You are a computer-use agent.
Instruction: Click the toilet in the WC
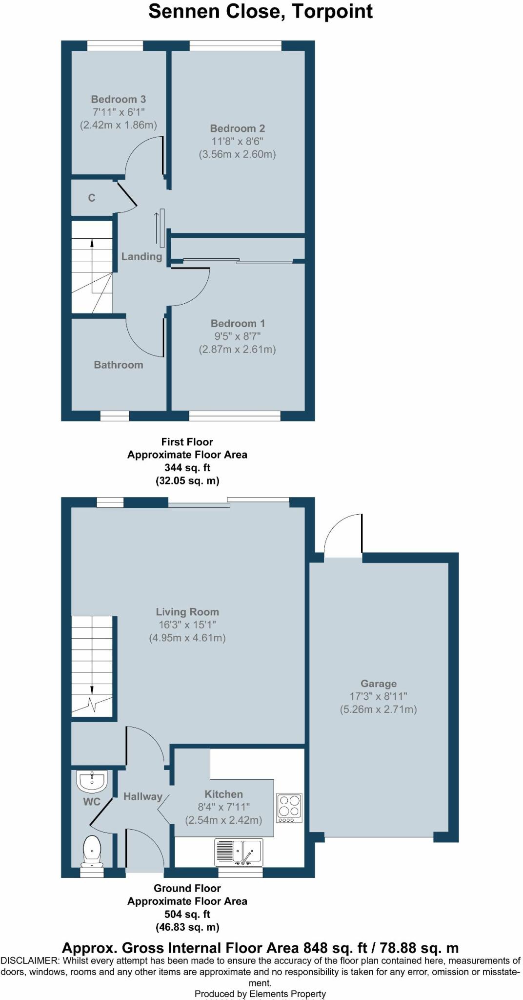click(92, 850)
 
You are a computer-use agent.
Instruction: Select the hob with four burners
click(289, 808)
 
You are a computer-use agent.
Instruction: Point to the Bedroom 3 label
click(118, 99)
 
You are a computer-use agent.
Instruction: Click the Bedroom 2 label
click(237, 128)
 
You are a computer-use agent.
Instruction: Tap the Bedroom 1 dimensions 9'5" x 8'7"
click(237, 336)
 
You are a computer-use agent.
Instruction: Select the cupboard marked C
click(92, 198)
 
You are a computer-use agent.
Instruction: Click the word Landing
click(141, 256)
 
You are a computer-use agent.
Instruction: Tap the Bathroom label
click(119, 365)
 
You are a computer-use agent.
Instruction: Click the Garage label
click(379, 684)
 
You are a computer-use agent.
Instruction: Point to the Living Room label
click(187, 612)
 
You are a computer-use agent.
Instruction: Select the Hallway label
click(142, 796)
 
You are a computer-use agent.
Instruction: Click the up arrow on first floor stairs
click(92, 244)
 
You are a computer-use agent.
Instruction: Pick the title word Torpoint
click(332, 11)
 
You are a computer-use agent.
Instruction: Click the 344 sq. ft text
click(187, 468)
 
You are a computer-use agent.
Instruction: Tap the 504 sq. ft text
click(187, 914)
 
